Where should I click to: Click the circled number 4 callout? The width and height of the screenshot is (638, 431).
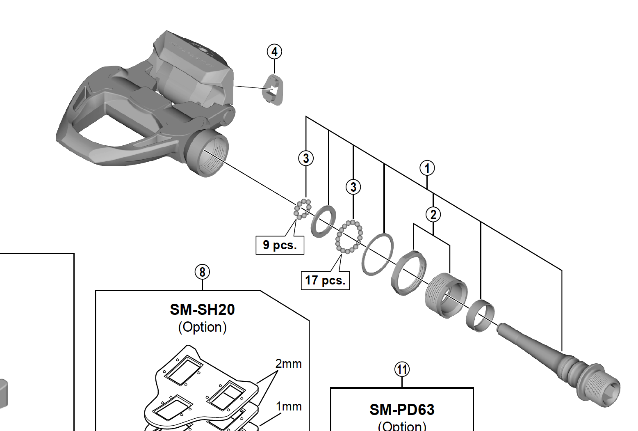[x=274, y=52]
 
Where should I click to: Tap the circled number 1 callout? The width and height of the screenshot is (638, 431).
[x=427, y=168]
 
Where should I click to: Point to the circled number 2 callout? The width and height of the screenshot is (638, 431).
[x=433, y=214]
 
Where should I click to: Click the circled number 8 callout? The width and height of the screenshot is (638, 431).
[x=202, y=272]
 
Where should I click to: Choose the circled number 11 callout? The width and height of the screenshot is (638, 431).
[x=402, y=369]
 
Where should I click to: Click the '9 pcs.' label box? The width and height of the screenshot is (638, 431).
[x=280, y=245]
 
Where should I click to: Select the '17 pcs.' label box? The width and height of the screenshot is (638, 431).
[x=325, y=280]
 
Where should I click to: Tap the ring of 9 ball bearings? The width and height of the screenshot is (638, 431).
[x=303, y=209]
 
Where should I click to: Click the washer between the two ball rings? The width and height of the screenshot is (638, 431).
[x=324, y=221]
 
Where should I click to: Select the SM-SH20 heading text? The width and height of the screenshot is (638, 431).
[x=202, y=309]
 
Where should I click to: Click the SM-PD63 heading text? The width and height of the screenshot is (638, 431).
[x=402, y=410]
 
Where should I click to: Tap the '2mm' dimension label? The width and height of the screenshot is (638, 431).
[x=288, y=364]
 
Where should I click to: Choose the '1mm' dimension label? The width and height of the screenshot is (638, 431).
[x=289, y=406]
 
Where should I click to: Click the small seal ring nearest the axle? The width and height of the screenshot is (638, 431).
[x=480, y=315]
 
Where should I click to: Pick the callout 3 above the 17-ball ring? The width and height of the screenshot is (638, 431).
[x=353, y=187]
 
